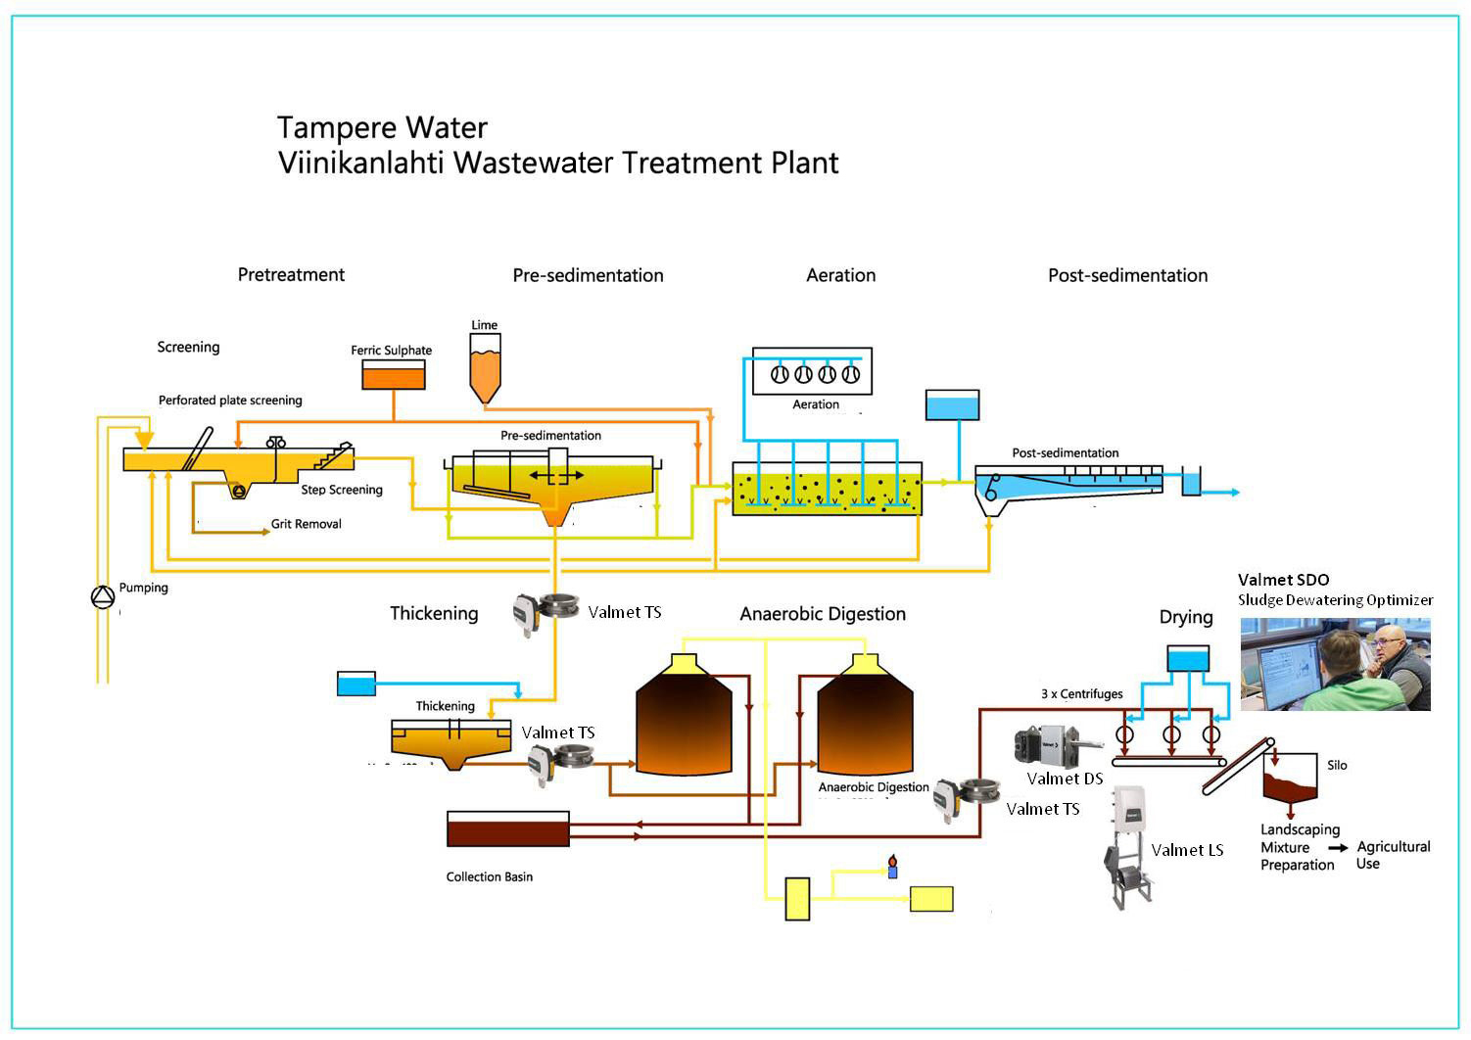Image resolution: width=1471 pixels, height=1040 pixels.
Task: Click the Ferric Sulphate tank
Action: tap(394, 375)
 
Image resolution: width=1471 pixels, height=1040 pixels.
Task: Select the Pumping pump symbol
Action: tap(103, 596)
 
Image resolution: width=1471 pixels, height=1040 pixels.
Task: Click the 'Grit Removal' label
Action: tap(307, 525)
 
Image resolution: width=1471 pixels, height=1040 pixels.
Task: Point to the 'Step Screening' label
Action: tap(342, 490)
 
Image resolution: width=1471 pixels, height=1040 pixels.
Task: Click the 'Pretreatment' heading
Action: tap(291, 275)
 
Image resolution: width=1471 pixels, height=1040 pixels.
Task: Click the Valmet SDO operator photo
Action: tap(1335, 664)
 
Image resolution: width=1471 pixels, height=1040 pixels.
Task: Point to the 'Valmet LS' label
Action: tap(1187, 850)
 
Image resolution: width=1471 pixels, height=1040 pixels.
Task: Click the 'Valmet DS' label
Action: tap(1065, 780)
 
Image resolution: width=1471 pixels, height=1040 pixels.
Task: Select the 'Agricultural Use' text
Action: tap(1394, 855)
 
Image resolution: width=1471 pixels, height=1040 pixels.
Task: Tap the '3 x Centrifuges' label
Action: tap(1081, 694)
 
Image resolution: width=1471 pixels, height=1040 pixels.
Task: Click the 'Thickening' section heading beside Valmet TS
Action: tap(434, 614)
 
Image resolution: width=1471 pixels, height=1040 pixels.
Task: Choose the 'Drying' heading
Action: tap(1186, 618)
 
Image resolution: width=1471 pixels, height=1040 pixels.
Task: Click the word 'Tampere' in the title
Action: tap(333, 128)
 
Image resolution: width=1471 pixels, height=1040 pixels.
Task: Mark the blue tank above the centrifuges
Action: tap(1188, 659)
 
